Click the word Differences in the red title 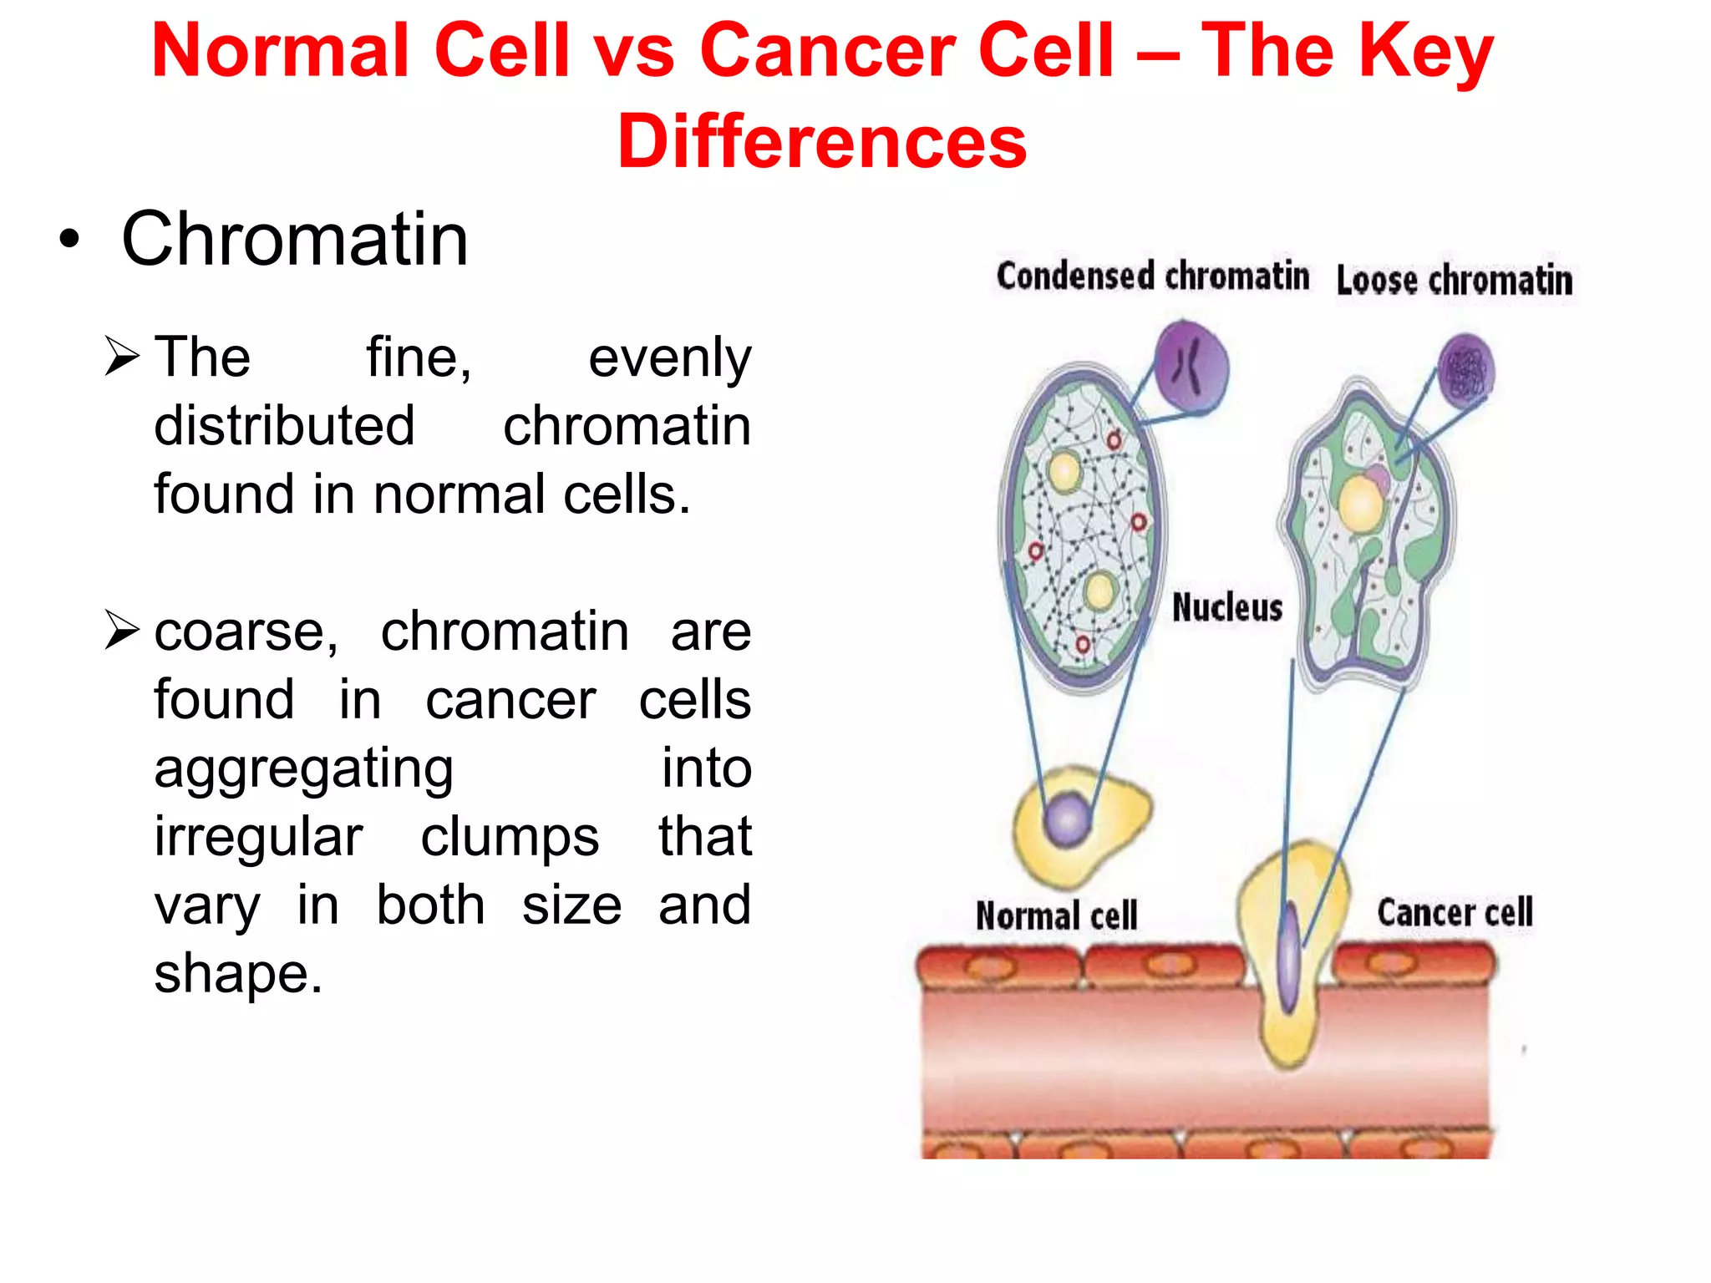pyautogui.click(x=822, y=140)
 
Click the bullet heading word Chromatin pyautogui.click(x=294, y=240)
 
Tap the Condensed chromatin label pyautogui.click(x=1152, y=276)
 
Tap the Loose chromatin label pyautogui.click(x=1454, y=281)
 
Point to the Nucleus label pyautogui.click(x=1226, y=607)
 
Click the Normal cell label pyautogui.click(x=1056, y=915)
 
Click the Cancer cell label pyautogui.click(x=1455, y=912)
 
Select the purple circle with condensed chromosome pyautogui.click(x=1191, y=367)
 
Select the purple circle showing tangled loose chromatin pyautogui.click(x=1466, y=371)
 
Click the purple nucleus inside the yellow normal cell pyautogui.click(x=1068, y=819)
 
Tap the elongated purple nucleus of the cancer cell pyautogui.click(x=1290, y=957)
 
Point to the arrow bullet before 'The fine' pyautogui.click(x=122, y=357)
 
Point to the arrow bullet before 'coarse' pyautogui.click(x=122, y=631)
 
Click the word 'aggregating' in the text pyautogui.click(x=303, y=768)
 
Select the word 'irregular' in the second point pyautogui.click(x=258, y=837)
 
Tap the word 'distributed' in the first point pyautogui.click(x=284, y=426)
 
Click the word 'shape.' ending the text pyautogui.click(x=238, y=974)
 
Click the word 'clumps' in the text pyautogui.click(x=510, y=837)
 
